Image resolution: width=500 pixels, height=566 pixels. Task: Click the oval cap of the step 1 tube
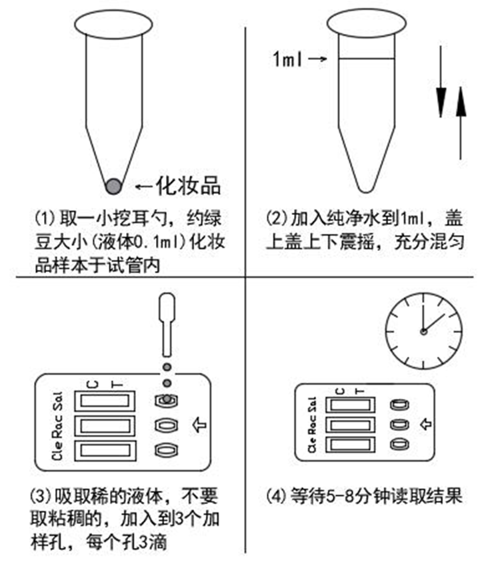click(x=111, y=22)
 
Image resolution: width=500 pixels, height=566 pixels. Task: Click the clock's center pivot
click(x=422, y=331)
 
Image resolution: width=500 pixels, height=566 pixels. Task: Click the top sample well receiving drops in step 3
click(x=166, y=401)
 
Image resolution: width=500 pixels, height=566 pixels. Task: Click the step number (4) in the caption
click(x=274, y=496)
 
